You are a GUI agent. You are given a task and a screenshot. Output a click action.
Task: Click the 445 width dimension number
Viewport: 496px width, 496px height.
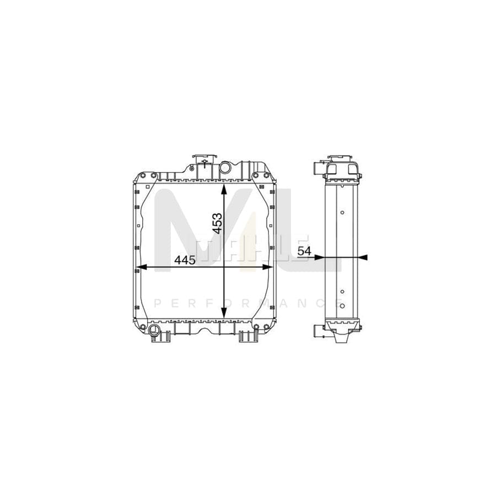point(185,260)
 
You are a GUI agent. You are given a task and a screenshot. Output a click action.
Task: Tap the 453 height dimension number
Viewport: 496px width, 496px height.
point(217,223)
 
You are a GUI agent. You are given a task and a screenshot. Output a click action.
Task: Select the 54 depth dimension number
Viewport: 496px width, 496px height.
point(304,251)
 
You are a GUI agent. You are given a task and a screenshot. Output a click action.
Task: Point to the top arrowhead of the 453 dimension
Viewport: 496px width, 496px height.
point(224,189)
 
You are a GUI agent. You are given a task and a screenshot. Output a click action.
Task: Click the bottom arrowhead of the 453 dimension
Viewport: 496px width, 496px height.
point(224,313)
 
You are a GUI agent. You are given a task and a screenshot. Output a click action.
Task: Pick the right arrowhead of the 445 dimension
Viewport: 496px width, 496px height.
point(268,267)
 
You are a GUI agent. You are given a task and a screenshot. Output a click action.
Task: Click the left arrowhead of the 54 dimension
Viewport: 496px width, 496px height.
point(320,257)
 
